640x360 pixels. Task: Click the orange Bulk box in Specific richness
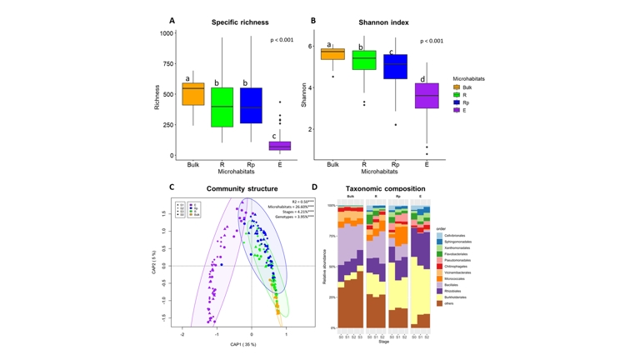tap(193, 94)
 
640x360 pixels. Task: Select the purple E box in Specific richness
tap(280, 146)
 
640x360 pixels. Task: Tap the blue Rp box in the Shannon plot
tap(395, 67)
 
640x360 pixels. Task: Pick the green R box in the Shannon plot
tap(363, 60)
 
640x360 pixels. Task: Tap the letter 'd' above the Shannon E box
tap(422, 79)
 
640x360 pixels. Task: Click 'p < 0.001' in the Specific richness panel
tap(282, 40)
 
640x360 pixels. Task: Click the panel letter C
tap(172, 187)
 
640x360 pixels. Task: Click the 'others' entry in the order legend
tap(451, 303)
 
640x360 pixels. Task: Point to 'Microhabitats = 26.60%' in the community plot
tap(290, 207)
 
